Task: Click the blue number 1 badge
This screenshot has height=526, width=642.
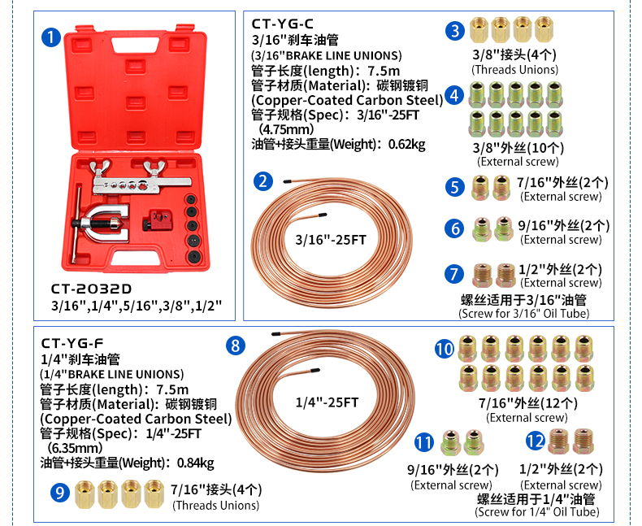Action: (x=50, y=37)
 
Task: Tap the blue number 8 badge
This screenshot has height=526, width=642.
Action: (x=236, y=346)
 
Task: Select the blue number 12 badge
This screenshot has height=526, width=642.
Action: (x=536, y=441)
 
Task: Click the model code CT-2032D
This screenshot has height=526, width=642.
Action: (x=91, y=289)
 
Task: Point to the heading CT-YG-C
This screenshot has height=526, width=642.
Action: (x=282, y=24)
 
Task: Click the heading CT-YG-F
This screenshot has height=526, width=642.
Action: (x=72, y=343)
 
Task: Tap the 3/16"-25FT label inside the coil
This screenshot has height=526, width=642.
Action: (x=331, y=240)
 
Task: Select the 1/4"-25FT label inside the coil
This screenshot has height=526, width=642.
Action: (x=327, y=402)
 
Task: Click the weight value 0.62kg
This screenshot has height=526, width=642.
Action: (x=406, y=144)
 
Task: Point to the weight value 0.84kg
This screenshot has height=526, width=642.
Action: (x=195, y=463)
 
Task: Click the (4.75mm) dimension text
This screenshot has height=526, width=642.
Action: (x=286, y=129)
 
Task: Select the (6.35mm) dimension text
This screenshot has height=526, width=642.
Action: (x=75, y=448)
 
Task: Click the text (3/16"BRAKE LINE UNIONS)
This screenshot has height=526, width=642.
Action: (x=327, y=55)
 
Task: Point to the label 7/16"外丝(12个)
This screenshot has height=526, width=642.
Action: (x=528, y=403)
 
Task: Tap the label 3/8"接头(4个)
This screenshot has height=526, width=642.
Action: (x=514, y=54)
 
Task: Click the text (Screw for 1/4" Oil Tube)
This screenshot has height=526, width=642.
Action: (x=537, y=511)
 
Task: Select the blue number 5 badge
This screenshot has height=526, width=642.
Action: (x=455, y=187)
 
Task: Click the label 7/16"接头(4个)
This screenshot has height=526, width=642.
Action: (x=216, y=489)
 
